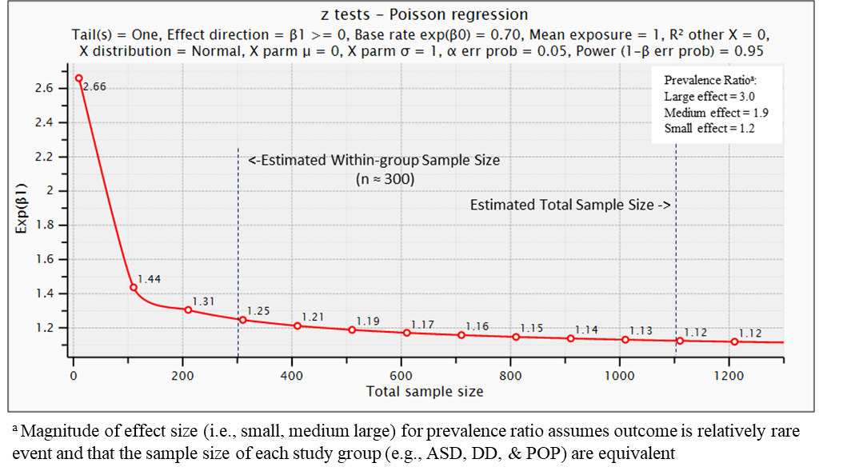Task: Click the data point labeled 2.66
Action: [x=78, y=78]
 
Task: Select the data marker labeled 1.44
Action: [x=134, y=287]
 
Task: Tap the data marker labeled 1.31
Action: [x=188, y=309]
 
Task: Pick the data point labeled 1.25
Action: [x=243, y=320]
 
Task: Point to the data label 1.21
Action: [x=313, y=317]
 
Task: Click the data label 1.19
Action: [x=368, y=321]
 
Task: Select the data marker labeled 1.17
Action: [x=407, y=332]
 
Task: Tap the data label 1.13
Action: [x=641, y=330]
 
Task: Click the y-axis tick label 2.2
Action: [x=44, y=157]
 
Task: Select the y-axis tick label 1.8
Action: [x=44, y=226]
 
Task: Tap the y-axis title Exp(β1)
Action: [x=22, y=210]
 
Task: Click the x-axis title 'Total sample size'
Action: [x=425, y=392]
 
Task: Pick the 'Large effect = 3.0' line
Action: [x=709, y=97]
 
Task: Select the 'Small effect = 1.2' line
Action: [x=709, y=129]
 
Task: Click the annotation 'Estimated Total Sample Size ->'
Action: [x=569, y=205]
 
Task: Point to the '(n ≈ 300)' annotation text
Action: [x=385, y=180]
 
